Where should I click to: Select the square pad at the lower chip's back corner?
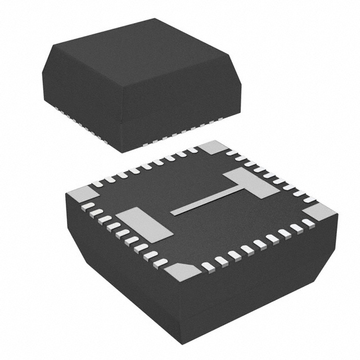213,147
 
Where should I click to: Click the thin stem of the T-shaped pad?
208,201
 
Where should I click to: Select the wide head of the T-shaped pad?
251,182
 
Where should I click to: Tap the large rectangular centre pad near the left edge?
143,224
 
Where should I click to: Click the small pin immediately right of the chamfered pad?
208,267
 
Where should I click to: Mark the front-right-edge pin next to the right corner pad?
308,223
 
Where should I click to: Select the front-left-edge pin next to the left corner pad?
88,206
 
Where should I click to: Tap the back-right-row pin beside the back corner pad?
232,152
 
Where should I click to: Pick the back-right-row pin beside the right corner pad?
309,199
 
